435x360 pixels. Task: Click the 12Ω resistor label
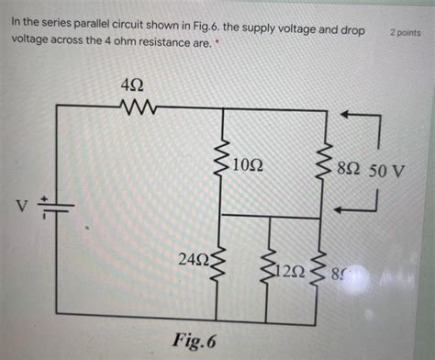(293, 272)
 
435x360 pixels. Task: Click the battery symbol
(58, 209)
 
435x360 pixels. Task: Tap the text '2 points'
(405, 32)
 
